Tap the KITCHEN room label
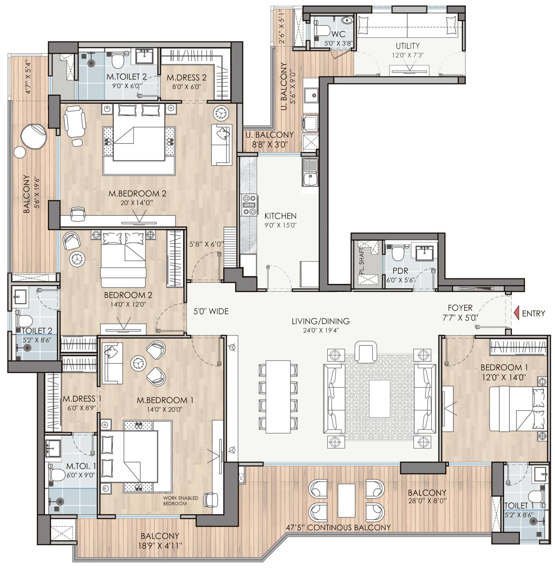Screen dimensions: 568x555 (280, 216)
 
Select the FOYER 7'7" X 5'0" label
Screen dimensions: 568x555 (460, 312)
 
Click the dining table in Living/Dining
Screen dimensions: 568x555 (278, 397)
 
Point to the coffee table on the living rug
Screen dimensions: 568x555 (380, 399)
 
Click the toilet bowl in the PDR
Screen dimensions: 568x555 (397, 254)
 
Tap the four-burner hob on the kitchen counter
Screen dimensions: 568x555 (249, 205)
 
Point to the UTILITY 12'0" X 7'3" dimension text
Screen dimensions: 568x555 (407, 55)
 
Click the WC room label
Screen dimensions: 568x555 (338, 34)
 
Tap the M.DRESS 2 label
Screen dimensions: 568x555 (186, 78)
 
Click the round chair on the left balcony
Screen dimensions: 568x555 (33, 136)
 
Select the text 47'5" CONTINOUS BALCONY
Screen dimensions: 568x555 (339, 527)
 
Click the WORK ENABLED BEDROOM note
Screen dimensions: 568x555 (181, 501)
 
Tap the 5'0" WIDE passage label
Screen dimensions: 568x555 (211, 312)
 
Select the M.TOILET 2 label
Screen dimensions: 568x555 (126, 77)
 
